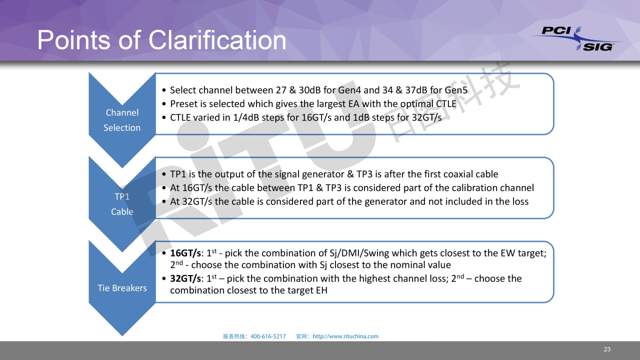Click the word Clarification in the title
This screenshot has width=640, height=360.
point(217,40)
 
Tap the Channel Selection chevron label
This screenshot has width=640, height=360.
point(122,120)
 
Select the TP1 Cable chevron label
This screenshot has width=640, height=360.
point(122,204)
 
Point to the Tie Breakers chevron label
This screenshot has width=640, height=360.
point(122,288)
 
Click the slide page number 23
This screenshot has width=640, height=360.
point(607,349)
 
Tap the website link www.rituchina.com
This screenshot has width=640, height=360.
point(345,336)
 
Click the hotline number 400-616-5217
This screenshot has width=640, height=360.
point(268,336)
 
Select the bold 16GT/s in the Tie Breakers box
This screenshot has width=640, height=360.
point(185,253)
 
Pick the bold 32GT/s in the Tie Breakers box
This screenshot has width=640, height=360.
point(185,278)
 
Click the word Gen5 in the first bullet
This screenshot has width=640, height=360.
point(456,90)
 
